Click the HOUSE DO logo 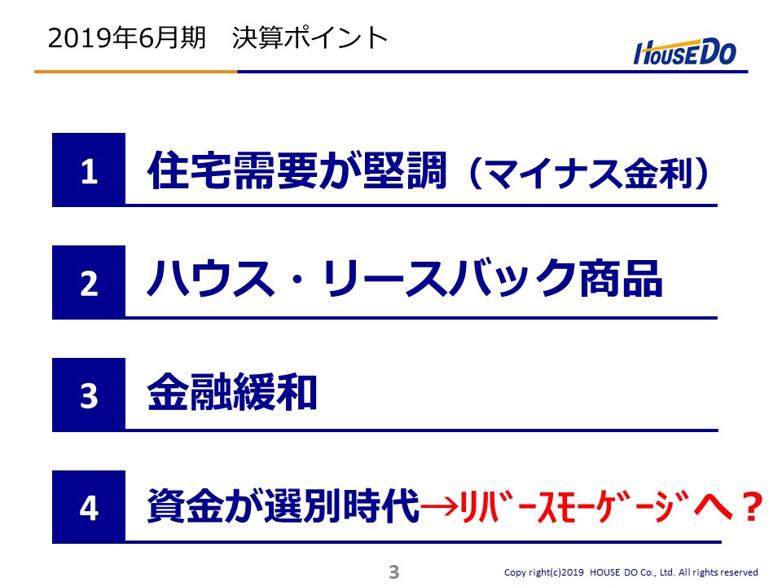pyautogui.click(x=685, y=52)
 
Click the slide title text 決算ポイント pyautogui.click(x=310, y=38)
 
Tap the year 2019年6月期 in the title pyautogui.click(x=127, y=38)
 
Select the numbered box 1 pyautogui.click(x=89, y=170)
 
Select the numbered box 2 pyautogui.click(x=89, y=283)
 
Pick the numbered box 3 pyautogui.click(x=89, y=395)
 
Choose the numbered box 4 pyautogui.click(x=89, y=507)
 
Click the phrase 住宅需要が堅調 pyautogui.click(x=297, y=170)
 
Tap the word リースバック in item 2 pyautogui.click(x=450, y=279)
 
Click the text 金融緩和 pyautogui.click(x=232, y=392)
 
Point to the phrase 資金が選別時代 pyautogui.click(x=283, y=505)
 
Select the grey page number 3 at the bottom pyautogui.click(x=394, y=572)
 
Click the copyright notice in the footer pyautogui.click(x=630, y=572)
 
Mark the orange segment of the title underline pyautogui.click(x=136, y=72)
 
